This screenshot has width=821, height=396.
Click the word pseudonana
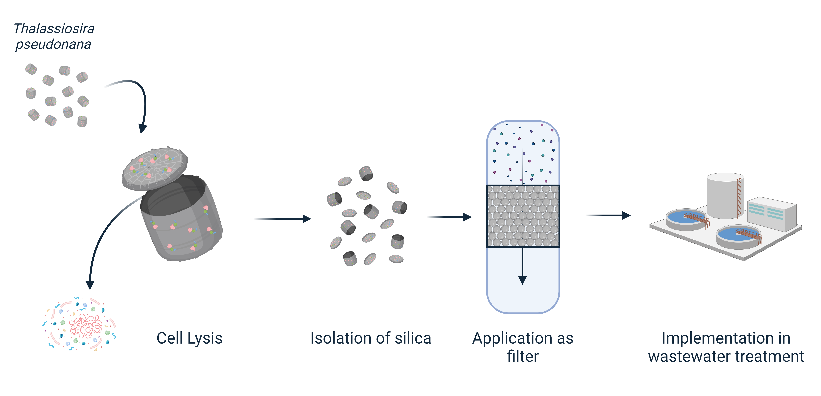click(53, 44)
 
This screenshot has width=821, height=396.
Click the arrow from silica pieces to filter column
click(449, 217)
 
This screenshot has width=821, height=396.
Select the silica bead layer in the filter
click(523, 216)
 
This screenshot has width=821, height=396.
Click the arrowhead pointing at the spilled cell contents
click(90, 285)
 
